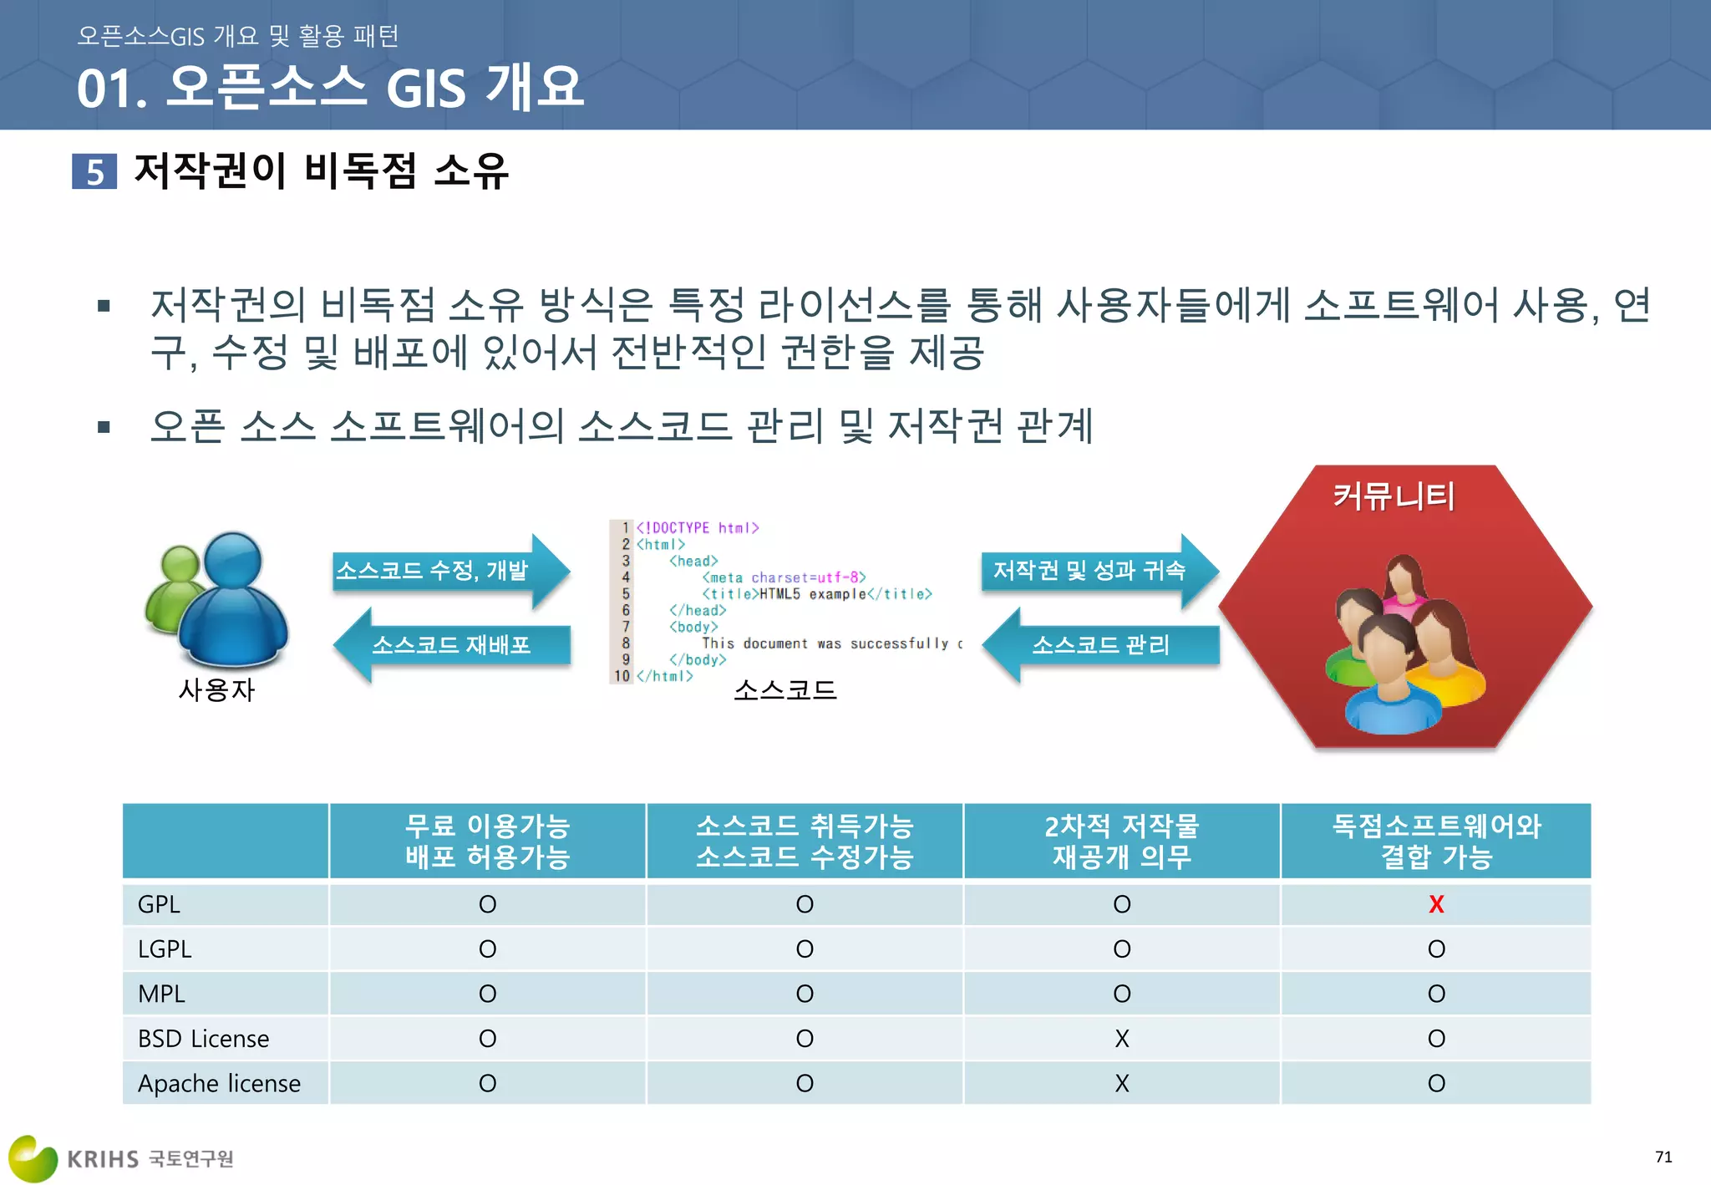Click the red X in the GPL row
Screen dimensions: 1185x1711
(x=1435, y=904)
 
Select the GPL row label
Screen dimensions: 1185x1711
(x=159, y=904)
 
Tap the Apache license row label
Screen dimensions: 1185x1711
(x=219, y=1083)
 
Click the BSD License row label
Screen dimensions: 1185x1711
(x=203, y=1039)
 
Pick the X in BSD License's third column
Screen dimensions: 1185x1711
(x=1121, y=1039)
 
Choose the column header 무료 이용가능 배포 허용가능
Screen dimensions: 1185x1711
(x=487, y=841)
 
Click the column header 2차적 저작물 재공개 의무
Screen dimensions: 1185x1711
(x=1121, y=841)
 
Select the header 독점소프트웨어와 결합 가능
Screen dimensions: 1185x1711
(x=1435, y=841)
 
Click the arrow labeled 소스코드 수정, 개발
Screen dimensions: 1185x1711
(x=443, y=571)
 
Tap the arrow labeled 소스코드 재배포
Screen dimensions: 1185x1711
(x=451, y=645)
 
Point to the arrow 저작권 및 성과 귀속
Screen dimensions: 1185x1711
(x=1090, y=571)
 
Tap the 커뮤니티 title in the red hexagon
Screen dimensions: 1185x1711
(x=1394, y=496)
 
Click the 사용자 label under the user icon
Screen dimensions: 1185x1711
(x=216, y=689)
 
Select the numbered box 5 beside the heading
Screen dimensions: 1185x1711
(x=94, y=171)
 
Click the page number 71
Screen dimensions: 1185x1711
(x=1663, y=1157)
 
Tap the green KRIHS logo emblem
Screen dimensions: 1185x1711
(x=32, y=1158)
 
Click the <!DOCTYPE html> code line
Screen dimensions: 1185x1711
(x=697, y=528)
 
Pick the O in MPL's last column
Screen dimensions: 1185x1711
(x=1435, y=994)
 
